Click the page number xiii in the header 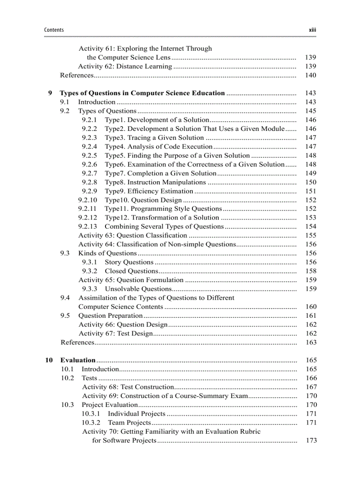[312, 30]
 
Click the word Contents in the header [54, 30]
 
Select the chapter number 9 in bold [50, 93]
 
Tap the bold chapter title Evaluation [78, 360]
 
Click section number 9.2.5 [89, 155]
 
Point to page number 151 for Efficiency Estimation [311, 191]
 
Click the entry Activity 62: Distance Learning [125, 66]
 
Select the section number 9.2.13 [87, 226]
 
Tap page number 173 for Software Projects [311, 440]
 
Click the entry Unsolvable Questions [138, 289]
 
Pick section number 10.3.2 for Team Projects [91, 422]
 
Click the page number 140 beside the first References [311, 75]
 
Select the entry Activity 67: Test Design [116, 333]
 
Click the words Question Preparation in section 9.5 [110, 316]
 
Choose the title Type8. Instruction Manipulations [155, 182]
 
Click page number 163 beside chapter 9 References [311, 342]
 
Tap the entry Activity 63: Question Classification [133, 235]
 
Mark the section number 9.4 [65, 298]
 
